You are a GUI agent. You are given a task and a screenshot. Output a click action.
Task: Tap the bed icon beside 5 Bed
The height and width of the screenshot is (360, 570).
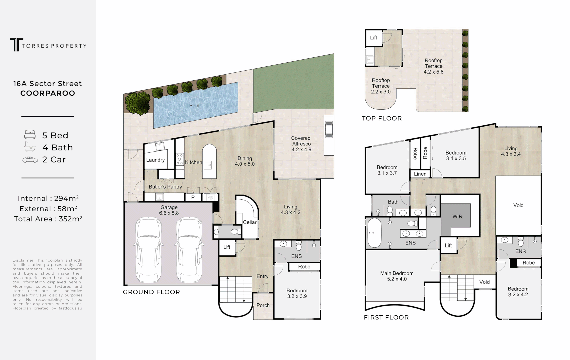30,135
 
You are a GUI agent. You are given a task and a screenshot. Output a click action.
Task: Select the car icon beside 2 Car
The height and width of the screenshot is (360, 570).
30,160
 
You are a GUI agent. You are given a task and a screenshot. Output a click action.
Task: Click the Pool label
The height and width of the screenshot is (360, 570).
194,106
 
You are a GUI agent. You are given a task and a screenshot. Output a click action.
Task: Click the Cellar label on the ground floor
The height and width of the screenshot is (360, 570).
250,222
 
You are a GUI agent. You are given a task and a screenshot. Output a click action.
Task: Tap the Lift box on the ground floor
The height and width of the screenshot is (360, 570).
227,247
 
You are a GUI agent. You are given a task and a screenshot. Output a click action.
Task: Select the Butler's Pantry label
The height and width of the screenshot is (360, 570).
165,187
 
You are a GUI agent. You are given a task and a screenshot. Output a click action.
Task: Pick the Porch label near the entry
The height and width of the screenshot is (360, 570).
263,305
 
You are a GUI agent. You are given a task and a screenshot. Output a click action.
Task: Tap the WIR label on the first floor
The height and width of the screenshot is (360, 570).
457,217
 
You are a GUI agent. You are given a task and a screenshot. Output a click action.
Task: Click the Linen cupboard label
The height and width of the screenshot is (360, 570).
420,174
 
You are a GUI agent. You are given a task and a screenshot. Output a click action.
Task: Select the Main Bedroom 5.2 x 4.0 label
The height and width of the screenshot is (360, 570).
397,276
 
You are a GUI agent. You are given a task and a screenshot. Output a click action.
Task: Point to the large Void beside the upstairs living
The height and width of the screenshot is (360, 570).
518,205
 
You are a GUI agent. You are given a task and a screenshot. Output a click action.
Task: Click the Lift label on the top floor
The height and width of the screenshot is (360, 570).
374,38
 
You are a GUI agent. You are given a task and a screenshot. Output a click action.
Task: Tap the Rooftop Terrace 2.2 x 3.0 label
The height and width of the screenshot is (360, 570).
381,86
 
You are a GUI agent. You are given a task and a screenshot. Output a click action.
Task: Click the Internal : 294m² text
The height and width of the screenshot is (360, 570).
48,199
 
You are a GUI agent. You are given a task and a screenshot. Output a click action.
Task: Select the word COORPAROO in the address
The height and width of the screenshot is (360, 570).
48,93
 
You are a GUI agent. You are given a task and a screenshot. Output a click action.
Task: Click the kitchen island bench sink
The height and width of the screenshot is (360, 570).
209,164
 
